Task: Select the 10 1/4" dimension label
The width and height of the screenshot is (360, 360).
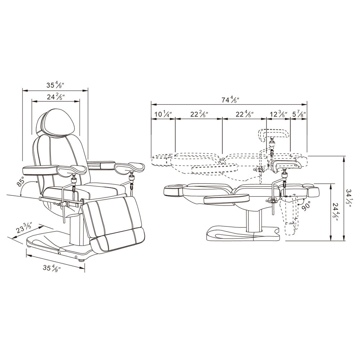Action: [163, 114]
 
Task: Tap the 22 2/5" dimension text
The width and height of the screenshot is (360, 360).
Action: [199, 114]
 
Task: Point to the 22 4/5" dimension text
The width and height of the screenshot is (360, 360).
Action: [245, 114]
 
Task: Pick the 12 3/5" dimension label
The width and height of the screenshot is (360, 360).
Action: [279, 114]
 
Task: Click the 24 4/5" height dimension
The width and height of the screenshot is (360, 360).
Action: [336, 212]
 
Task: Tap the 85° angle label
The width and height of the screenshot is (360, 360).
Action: [21, 182]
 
